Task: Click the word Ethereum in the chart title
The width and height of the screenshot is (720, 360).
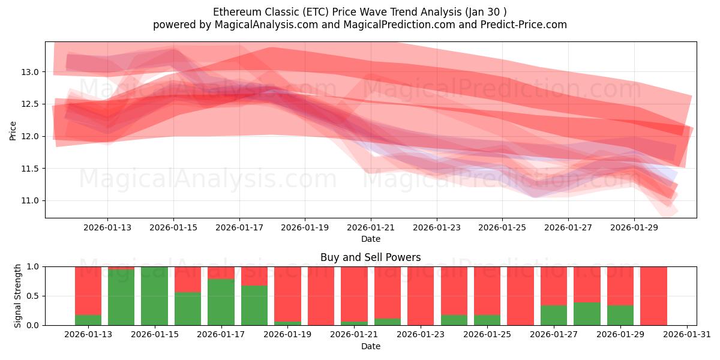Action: (x=236, y=12)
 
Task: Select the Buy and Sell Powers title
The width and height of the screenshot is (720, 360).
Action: (x=370, y=257)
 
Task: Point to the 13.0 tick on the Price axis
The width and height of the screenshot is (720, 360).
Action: (x=30, y=72)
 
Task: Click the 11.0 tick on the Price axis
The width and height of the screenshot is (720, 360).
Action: (x=30, y=201)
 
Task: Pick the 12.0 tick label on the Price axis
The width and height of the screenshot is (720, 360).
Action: (x=30, y=136)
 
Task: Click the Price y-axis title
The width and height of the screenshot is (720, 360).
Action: (x=13, y=130)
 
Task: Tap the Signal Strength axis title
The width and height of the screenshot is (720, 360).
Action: (x=18, y=296)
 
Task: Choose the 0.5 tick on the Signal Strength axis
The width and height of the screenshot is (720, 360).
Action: (x=32, y=296)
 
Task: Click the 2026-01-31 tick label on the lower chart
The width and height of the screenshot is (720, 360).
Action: (x=686, y=334)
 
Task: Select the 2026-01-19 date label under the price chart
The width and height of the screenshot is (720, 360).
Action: (x=305, y=227)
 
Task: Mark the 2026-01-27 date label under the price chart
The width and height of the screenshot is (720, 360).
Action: (x=568, y=227)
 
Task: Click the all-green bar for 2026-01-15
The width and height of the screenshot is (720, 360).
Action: (x=154, y=296)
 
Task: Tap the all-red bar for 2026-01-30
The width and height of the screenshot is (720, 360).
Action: (x=653, y=296)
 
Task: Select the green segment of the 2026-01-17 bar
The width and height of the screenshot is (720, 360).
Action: (x=221, y=302)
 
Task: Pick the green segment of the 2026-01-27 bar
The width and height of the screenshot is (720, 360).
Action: (x=554, y=315)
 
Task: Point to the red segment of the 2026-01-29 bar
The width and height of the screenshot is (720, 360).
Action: (x=620, y=286)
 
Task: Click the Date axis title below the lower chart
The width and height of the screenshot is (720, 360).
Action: (x=370, y=346)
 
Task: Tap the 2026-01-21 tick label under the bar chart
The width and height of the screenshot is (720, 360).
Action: (x=354, y=334)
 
